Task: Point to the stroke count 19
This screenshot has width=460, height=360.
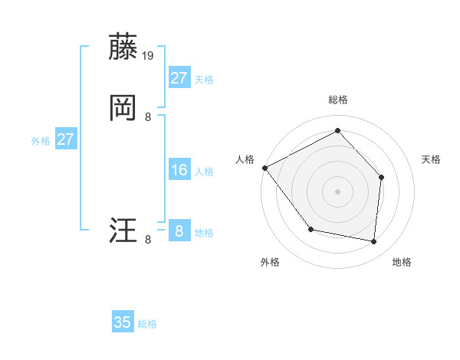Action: point(149,56)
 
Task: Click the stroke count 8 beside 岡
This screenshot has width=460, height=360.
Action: point(148,117)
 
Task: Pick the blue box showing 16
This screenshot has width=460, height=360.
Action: point(179,170)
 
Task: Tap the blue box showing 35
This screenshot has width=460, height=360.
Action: point(123,322)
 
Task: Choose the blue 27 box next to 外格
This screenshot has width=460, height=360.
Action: point(66,139)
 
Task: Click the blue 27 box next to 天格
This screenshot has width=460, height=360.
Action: point(179,78)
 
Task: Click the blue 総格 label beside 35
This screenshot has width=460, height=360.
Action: point(147,324)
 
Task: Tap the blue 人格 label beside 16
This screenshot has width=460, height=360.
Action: point(204,172)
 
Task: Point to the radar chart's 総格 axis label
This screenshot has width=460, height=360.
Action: point(337,100)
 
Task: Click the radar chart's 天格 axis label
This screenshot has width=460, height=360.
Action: point(432,159)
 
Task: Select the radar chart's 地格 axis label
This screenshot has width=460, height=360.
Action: point(402,262)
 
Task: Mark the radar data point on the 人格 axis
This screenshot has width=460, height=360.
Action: point(264,168)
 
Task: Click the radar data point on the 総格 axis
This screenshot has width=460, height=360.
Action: point(337,131)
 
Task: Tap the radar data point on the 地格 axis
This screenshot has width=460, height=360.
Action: point(373,241)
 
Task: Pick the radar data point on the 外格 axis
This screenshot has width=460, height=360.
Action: point(310,229)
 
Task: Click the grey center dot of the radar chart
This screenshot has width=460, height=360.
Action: point(337,191)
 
